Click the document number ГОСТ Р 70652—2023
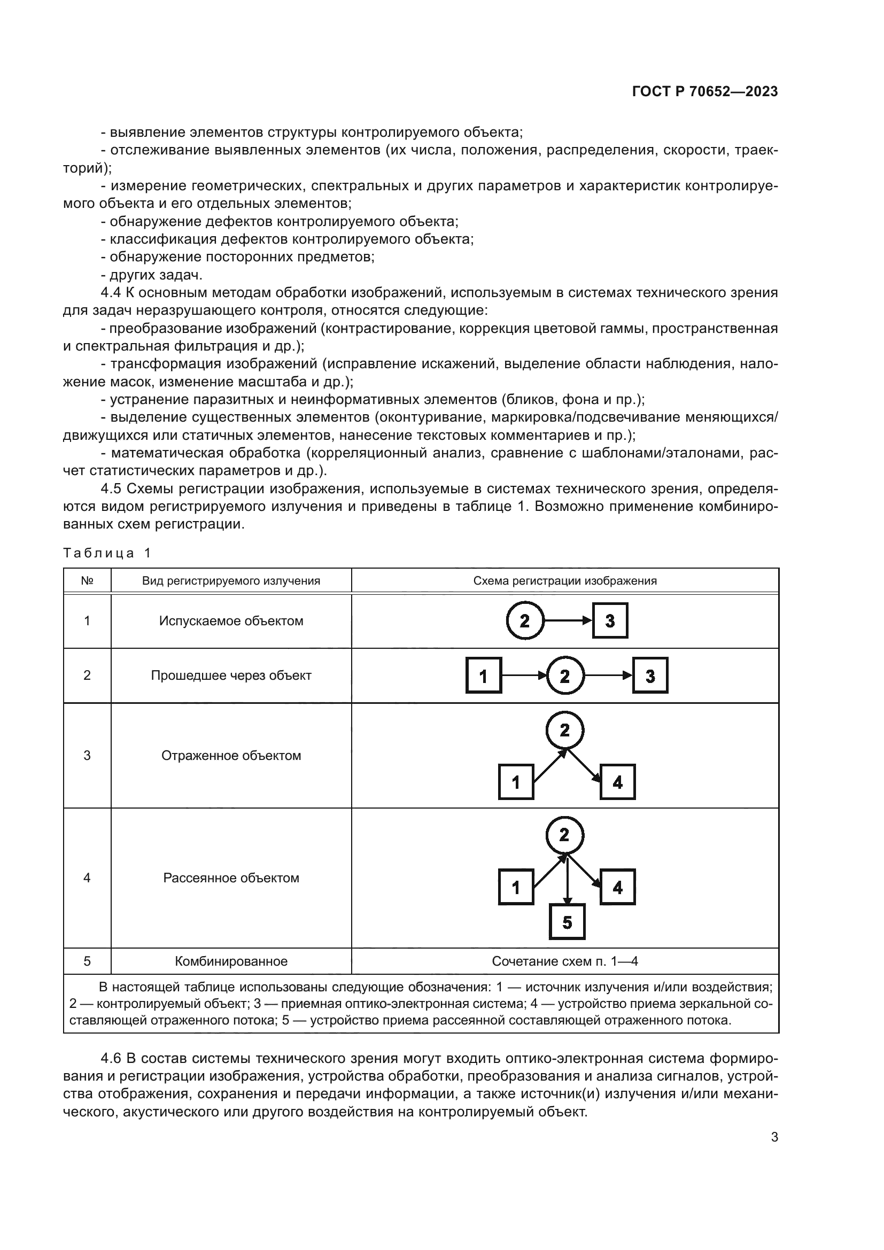point(704,91)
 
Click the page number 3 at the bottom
point(774,1137)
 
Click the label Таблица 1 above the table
point(107,553)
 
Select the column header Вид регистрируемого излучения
point(231,581)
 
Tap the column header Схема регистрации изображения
point(564,581)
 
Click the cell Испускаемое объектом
point(231,621)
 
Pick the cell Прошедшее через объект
point(231,676)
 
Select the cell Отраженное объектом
point(231,756)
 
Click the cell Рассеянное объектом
point(231,878)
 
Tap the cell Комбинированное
point(231,961)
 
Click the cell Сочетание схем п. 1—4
point(564,961)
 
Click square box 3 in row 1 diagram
point(610,620)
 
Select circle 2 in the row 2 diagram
point(564,676)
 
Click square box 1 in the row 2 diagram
point(483,676)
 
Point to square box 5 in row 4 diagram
point(567,922)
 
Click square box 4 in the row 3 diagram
point(617,782)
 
